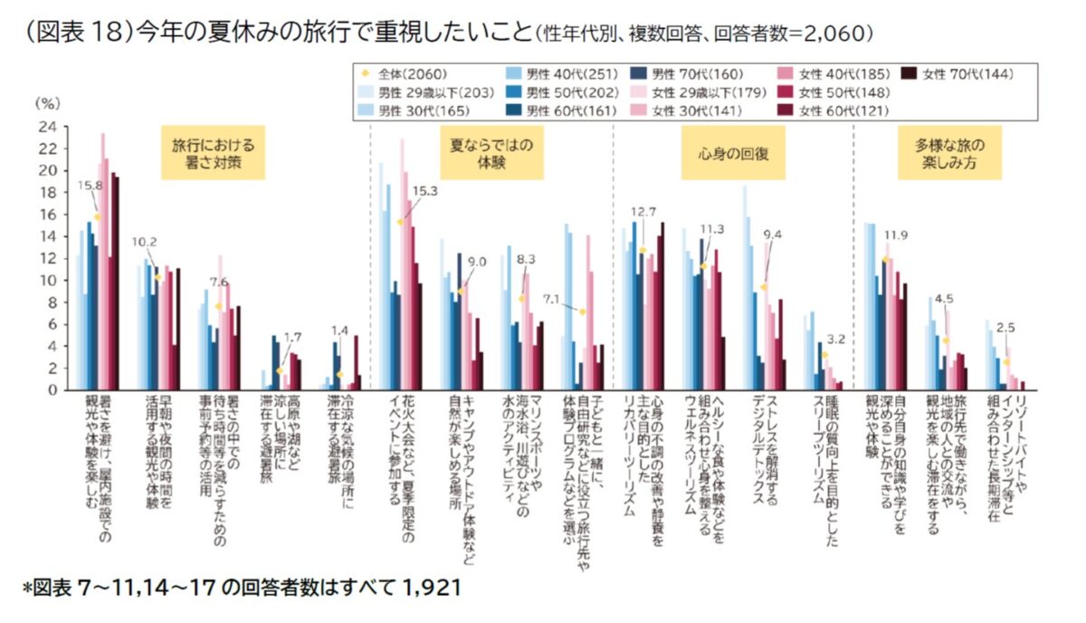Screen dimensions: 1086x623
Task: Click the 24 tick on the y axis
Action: pyautogui.click(x=47, y=127)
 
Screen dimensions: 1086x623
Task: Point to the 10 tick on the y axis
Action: pyautogui.click(x=47, y=281)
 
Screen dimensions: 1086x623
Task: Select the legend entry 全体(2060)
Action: pyautogui.click(x=405, y=74)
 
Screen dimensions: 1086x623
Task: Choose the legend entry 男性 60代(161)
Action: pyautogui.click(x=562, y=111)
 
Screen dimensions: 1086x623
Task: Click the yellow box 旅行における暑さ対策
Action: pyautogui.click(x=214, y=153)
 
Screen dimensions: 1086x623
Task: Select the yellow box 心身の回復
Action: pyautogui.click(x=733, y=153)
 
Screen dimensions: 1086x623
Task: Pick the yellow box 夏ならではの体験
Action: pyautogui.click(x=491, y=153)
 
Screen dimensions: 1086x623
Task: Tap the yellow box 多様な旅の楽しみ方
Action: pyautogui.click(x=949, y=153)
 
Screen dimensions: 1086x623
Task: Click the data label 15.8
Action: pyautogui.click(x=90, y=186)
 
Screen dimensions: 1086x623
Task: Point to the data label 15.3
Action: pyautogui.click(x=424, y=191)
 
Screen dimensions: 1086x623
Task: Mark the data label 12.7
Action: pyautogui.click(x=643, y=212)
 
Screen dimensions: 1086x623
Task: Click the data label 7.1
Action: pyautogui.click(x=551, y=300)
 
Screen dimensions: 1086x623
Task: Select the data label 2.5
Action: pyautogui.click(x=1005, y=328)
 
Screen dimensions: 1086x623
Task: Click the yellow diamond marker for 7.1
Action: pyautogui.click(x=582, y=311)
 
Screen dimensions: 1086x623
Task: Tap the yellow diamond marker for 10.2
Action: pyautogui.click(x=157, y=277)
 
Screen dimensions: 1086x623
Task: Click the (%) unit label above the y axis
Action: pyautogui.click(x=47, y=103)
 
